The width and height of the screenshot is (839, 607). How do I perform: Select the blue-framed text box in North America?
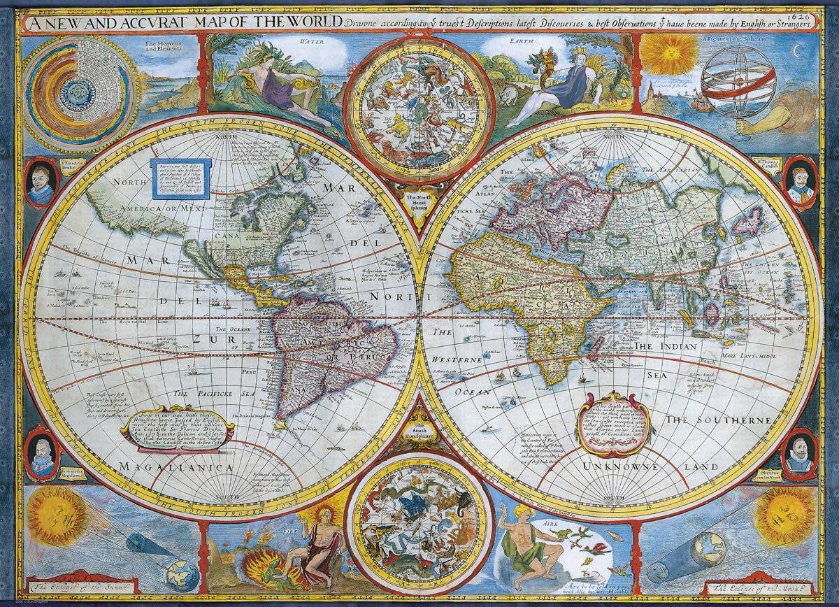click(180, 179)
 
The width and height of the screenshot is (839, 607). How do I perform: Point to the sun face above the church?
click(669, 54)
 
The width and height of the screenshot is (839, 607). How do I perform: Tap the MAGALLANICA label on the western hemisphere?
click(176, 466)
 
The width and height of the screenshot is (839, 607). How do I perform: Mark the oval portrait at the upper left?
click(41, 183)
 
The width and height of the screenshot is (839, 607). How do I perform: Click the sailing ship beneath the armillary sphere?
click(701, 105)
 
